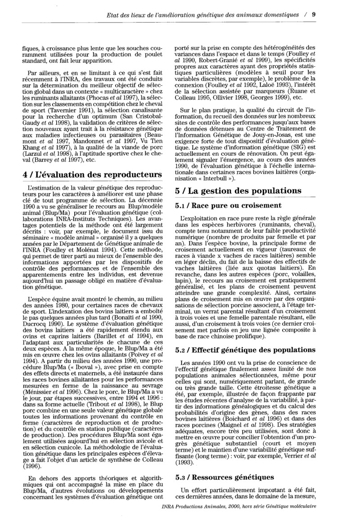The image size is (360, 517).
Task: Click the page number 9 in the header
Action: coord(314,15)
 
